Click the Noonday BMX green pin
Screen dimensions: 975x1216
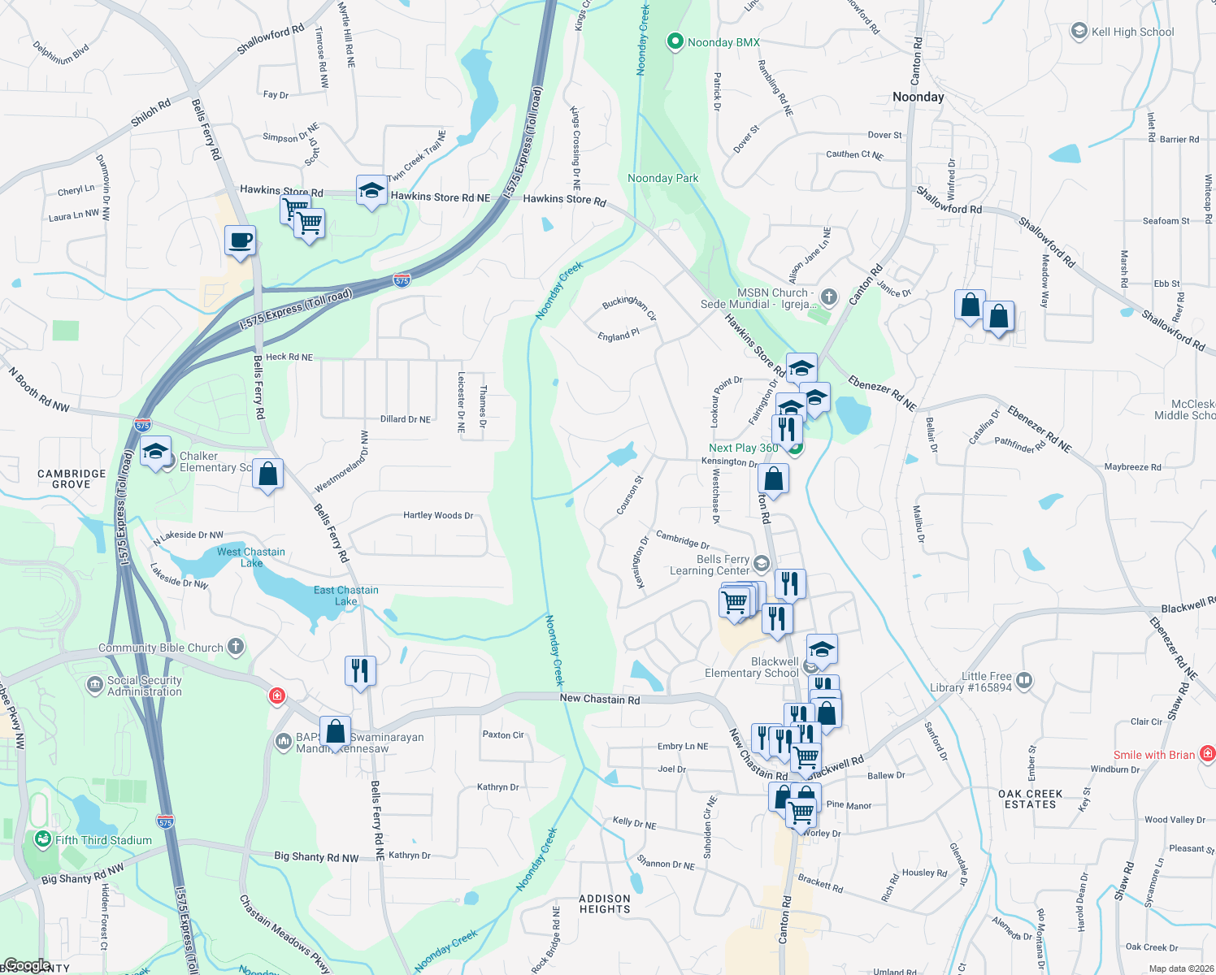click(x=675, y=41)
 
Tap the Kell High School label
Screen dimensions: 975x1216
click(x=1132, y=32)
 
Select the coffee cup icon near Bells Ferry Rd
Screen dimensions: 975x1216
click(x=240, y=241)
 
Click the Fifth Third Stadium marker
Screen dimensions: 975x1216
click(x=43, y=840)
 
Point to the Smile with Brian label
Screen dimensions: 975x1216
click(x=1153, y=755)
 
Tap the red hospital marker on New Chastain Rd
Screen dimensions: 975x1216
click(x=277, y=696)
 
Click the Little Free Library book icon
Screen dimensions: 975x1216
click(x=1024, y=680)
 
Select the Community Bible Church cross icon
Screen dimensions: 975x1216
click(x=236, y=647)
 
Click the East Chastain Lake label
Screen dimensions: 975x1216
click(x=346, y=596)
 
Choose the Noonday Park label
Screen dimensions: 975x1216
click(x=662, y=178)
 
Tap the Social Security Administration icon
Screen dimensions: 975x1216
click(x=95, y=685)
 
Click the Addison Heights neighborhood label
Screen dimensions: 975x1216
click(x=605, y=903)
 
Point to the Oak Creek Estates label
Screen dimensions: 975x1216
click(x=1030, y=799)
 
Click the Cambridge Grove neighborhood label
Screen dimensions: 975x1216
click(x=72, y=479)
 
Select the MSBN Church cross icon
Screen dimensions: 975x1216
click(x=828, y=297)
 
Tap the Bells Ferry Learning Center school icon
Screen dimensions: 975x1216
click(x=761, y=563)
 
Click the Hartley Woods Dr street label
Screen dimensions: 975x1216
click(x=438, y=515)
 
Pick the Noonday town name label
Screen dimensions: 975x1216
click(x=918, y=97)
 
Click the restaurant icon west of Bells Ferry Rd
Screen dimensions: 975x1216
click(x=360, y=671)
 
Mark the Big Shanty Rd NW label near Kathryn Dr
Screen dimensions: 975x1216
click(x=316, y=856)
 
